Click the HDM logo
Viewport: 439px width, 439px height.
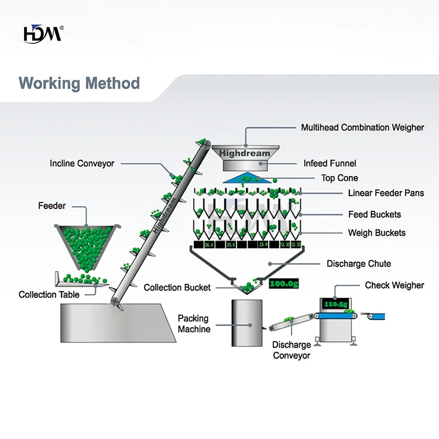(43, 34)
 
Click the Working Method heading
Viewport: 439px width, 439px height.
(79, 84)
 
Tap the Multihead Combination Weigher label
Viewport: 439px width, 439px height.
(362, 128)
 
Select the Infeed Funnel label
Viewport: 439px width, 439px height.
(330, 163)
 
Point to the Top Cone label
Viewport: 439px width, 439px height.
(339, 178)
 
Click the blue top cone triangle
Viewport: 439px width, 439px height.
(248, 178)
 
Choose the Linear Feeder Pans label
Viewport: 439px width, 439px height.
(386, 193)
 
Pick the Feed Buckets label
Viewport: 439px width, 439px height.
(375, 214)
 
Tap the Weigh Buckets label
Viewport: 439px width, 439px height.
(377, 232)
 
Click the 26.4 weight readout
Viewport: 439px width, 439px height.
(209, 245)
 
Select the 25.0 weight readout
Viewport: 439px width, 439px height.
(231, 245)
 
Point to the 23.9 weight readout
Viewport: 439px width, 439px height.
(263, 245)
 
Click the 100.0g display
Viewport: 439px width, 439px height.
(284, 283)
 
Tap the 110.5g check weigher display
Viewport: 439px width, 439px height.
(336, 304)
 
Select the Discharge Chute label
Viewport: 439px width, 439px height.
(359, 264)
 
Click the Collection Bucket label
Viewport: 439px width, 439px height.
(177, 287)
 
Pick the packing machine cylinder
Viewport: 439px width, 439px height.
(247, 323)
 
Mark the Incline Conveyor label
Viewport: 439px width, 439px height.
(82, 163)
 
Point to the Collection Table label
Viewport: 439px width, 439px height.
(49, 294)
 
